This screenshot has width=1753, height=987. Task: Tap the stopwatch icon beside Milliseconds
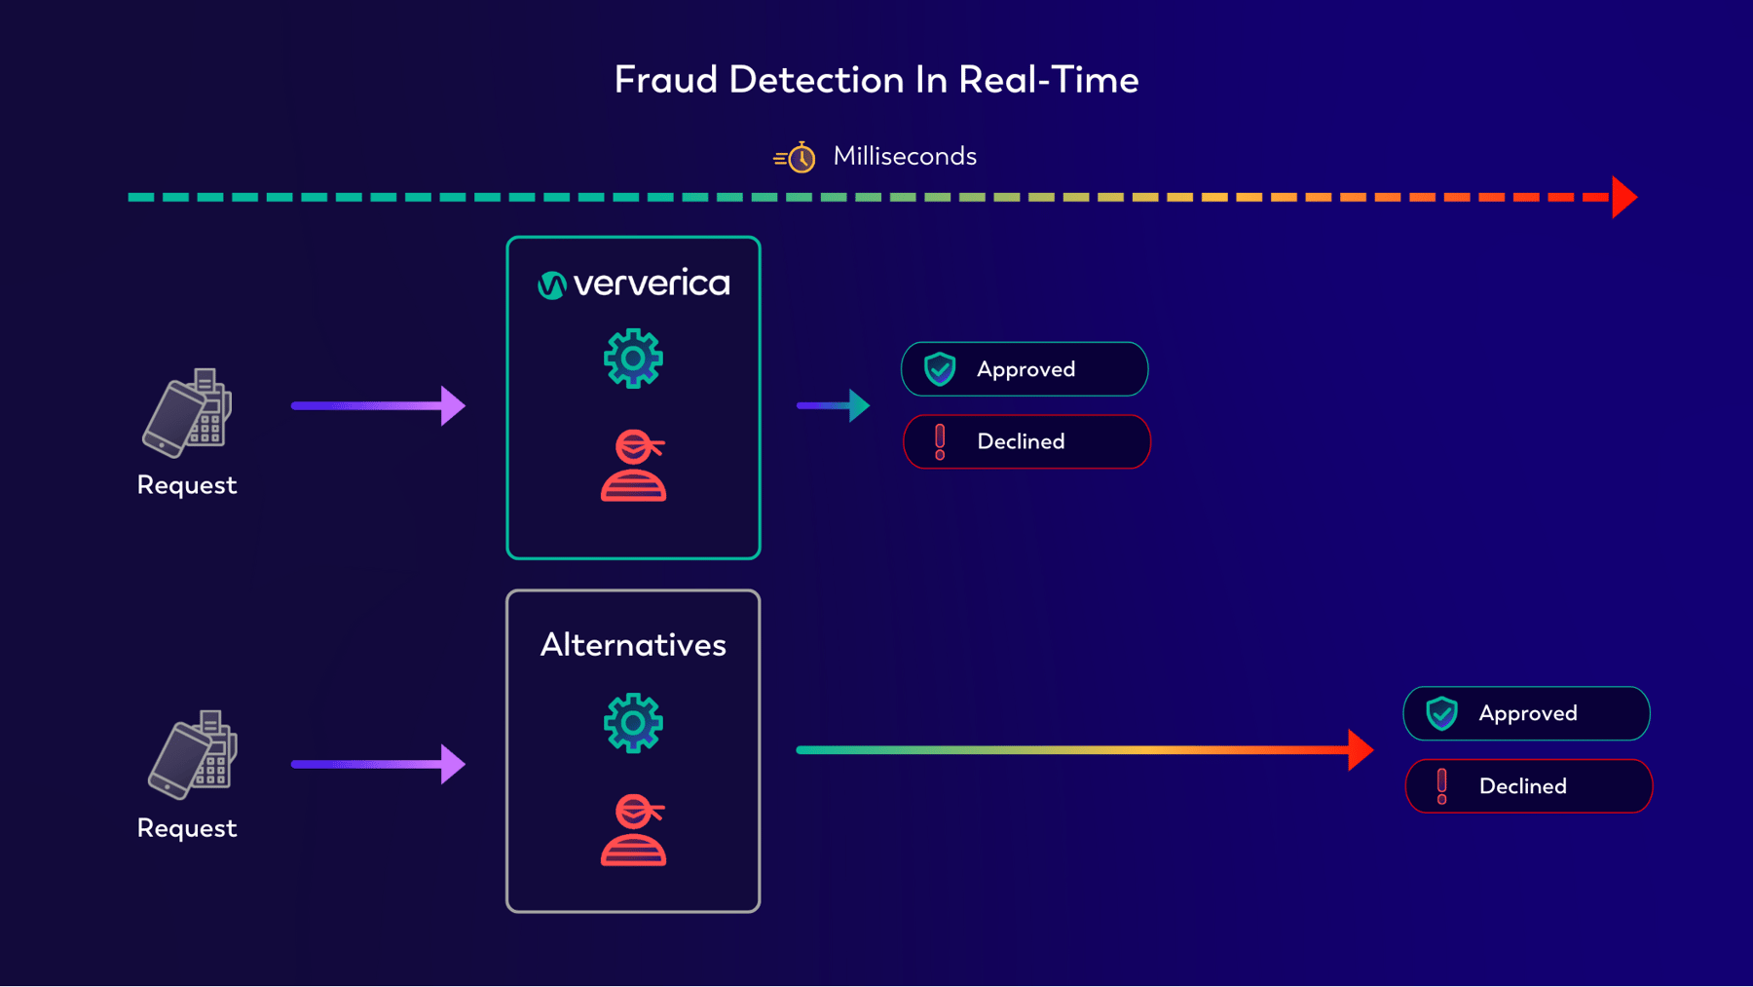799,157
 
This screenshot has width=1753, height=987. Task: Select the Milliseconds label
904,156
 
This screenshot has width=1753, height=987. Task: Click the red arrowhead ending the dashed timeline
1623,197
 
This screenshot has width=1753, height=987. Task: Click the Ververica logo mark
551,285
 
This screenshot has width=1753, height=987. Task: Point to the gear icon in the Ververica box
633,359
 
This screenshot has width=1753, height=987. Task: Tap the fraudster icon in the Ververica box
633,466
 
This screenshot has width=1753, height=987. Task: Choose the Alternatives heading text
633,645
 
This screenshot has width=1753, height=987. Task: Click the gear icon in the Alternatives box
633,723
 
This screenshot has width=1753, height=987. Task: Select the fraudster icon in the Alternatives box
633,830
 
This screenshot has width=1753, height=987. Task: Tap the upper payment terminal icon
188,413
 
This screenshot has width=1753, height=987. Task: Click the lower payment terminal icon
193,755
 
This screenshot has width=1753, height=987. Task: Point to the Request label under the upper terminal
187,485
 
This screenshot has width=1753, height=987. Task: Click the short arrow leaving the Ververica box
833,405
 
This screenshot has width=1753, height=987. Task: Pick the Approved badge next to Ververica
1025,369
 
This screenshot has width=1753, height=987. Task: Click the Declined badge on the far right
1528,786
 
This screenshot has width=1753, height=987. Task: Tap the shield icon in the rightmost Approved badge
1441,713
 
